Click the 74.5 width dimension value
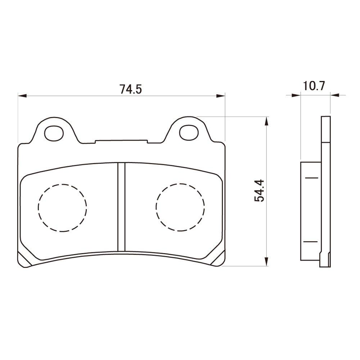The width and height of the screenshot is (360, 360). [130, 89]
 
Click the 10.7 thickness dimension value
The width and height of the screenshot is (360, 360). [314, 86]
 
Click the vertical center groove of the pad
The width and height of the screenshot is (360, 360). [121, 207]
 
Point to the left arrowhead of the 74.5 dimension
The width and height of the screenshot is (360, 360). [22, 96]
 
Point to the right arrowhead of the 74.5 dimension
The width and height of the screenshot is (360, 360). [220, 96]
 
